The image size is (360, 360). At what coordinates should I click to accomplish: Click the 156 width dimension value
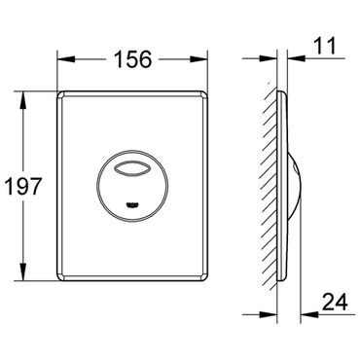(x=133, y=59)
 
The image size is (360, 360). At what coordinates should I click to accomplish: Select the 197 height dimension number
(x=24, y=186)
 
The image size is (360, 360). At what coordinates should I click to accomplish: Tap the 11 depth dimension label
(x=325, y=46)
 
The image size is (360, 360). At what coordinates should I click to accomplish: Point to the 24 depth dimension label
(x=335, y=303)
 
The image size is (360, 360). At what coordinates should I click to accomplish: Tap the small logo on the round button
(x=132, y=204)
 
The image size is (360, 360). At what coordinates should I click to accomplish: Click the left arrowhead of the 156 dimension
(x=66, y=59)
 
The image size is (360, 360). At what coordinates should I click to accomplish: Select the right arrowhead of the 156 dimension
(x=198, y=59)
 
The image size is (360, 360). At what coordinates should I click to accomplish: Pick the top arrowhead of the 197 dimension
(x=23, y=100)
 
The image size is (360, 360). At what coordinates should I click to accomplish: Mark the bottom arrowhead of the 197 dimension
(x=23, y=271)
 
